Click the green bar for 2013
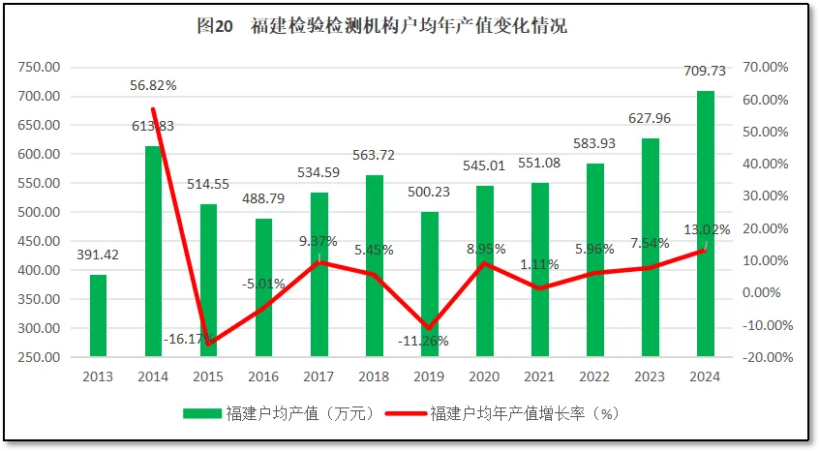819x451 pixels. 98,316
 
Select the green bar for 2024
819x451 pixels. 706,224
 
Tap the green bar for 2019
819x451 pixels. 430,284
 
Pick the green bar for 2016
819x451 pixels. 263,287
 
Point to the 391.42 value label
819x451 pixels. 98,256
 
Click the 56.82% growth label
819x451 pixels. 153,85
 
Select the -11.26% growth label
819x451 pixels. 427,341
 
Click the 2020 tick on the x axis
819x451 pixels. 485,376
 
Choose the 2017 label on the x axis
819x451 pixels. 318,376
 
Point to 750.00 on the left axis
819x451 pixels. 39,67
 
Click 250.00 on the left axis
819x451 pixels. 39,357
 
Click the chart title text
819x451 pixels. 381,26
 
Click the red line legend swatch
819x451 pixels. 405,413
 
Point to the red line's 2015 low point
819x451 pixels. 208,344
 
